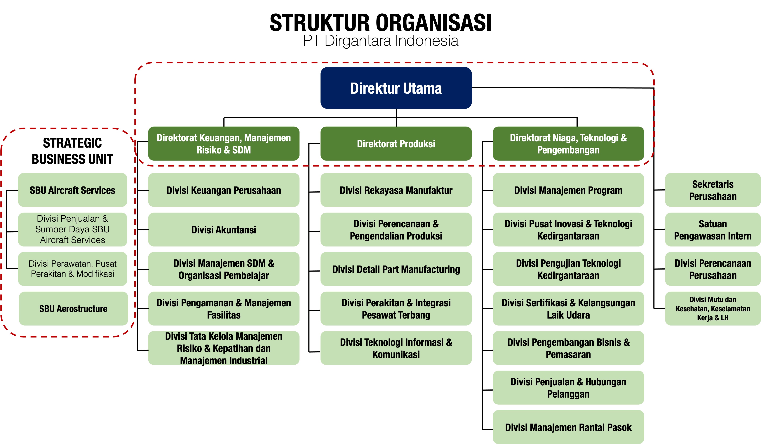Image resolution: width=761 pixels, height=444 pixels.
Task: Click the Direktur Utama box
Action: [396, 88]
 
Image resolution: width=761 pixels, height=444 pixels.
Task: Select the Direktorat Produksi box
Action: [396, 144]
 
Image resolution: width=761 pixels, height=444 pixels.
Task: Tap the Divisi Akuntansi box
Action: [223, 230]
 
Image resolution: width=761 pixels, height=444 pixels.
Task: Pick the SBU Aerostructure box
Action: [73, 308]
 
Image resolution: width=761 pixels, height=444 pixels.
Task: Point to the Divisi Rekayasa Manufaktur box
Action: [396, 190]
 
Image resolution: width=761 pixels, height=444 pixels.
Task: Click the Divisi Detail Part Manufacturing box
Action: [396, 269]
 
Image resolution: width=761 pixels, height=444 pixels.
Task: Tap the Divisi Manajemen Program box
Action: [568, 190]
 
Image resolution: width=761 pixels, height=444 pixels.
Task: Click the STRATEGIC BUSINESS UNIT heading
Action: [72, 151]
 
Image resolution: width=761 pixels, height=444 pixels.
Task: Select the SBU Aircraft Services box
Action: [72, 190]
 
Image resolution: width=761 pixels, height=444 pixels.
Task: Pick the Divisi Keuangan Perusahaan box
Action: [223, 190]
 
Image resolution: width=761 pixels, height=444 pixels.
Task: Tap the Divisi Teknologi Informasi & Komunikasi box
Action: [396, 348]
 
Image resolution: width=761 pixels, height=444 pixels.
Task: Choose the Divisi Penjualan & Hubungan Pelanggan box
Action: [568, 388]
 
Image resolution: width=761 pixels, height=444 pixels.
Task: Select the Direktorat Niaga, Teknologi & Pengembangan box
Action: [568, 144]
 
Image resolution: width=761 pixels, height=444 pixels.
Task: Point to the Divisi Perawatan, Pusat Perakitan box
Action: [72, 269]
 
